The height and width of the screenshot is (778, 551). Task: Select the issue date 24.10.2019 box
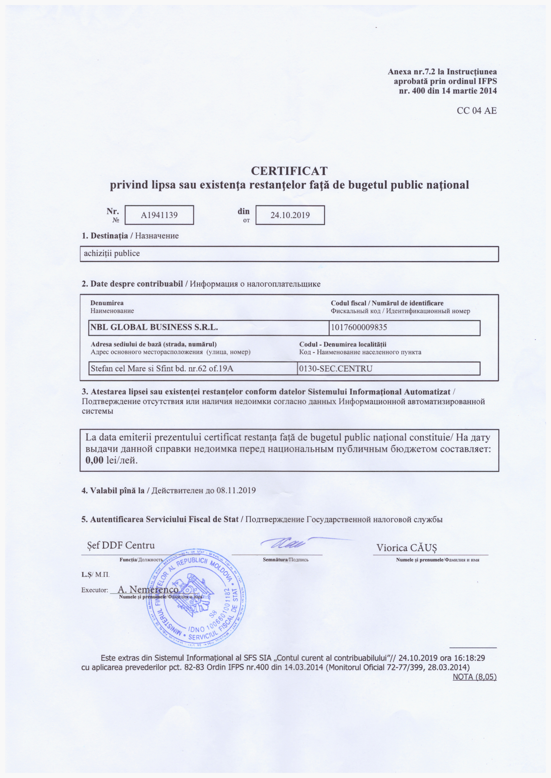(290, 215)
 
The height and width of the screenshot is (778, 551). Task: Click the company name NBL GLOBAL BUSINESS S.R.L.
(154, 327)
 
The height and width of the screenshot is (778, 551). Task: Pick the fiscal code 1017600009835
(359, 327)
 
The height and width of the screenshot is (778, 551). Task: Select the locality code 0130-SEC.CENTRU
(336, 368)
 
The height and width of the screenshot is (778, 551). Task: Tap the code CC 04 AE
(477, 110)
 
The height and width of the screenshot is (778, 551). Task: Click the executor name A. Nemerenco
(148, 589)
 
